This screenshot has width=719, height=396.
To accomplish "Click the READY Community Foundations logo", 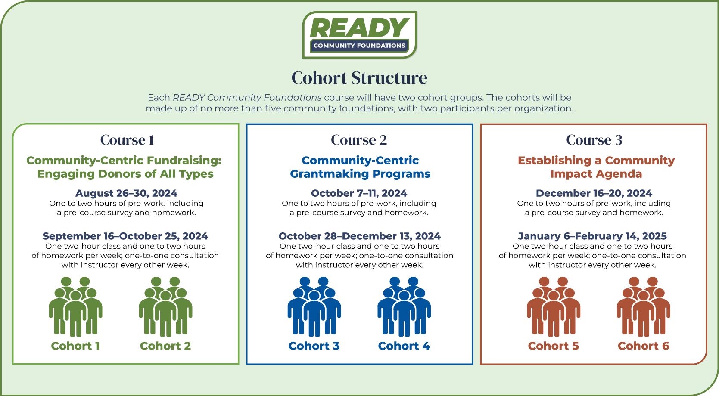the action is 359,35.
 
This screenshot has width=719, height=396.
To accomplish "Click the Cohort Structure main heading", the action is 359,78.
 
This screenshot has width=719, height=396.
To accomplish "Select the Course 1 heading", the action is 127,140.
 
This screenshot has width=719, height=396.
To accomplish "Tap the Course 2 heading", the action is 359,140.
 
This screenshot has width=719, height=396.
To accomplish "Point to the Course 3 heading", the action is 594,140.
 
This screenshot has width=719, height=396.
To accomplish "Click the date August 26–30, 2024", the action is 127,193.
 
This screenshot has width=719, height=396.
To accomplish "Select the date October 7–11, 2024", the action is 359,193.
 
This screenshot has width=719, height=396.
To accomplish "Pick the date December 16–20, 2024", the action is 594,193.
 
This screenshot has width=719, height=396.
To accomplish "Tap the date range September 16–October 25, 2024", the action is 125,236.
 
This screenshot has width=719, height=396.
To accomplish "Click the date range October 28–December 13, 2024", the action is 359,236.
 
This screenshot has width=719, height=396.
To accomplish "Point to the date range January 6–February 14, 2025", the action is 592,236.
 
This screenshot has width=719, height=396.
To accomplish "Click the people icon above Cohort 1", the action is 76,307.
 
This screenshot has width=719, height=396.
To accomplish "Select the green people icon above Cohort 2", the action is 165,307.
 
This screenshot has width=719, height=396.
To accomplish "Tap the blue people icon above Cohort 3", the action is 314,307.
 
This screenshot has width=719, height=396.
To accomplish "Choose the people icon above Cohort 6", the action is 644,307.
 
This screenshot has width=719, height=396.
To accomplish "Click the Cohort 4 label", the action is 404,346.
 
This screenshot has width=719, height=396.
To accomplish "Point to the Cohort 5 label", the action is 554,346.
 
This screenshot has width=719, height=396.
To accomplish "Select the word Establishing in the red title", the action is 555,161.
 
